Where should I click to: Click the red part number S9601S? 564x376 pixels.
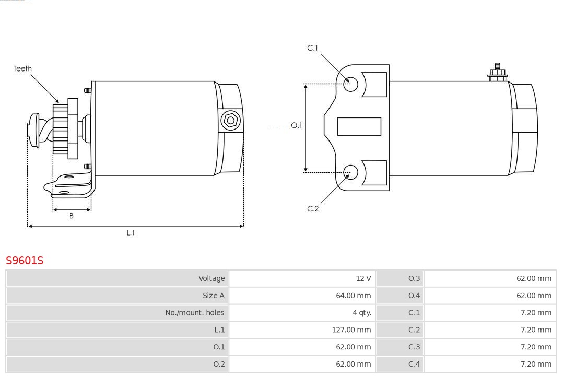tap(25, 260)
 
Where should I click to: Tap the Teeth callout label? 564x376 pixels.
tap(22, 68)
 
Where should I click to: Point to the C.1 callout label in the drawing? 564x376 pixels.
tap(313, 48)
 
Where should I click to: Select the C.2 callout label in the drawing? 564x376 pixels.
tap(313, 209)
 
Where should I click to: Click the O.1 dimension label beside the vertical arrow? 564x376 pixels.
tap(297, 125)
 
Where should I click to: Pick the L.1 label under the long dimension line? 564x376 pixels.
tap(131, 233)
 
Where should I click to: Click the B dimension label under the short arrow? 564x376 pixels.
tap(72, 216)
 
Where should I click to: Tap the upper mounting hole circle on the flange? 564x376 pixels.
tap(350, 85)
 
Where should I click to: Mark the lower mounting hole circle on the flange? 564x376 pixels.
tap(350, 172)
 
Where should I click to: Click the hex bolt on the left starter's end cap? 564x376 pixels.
tap(230, 121)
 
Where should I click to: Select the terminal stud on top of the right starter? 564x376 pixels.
tap(498, 72)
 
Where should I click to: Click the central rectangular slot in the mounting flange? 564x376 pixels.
tap(359, 127)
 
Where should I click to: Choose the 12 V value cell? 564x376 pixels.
tap(363, 278)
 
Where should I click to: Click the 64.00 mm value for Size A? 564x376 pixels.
tap(353, 296)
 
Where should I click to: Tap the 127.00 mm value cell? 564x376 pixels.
tap(351, 330)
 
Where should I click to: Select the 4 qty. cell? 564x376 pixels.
tap(362, 313)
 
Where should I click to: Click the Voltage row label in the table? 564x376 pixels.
tap(211, 278)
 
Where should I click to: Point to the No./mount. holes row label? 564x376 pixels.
tap(195, 313)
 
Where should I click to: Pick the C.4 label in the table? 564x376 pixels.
tap(414, 364)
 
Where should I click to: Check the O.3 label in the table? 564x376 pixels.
tap(414, 278)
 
